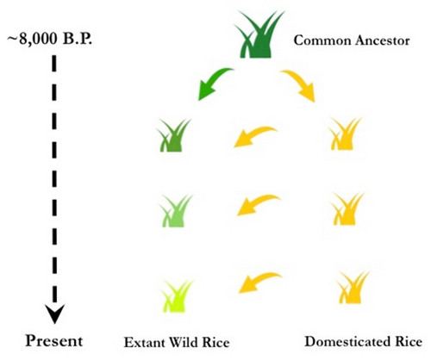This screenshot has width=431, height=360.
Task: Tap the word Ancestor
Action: click(x=382, y=40)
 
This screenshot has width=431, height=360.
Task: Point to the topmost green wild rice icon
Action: click(x=173, y=135)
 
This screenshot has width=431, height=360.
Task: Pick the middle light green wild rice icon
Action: click(x=176, y=211)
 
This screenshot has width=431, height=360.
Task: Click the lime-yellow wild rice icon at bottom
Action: click(x=177, y=296)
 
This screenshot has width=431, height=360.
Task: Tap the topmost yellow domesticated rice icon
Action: click(x=345, y=134)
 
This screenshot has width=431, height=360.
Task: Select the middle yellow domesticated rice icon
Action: click(x=347, y=209)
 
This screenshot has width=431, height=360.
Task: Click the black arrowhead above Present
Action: click(x=54, y=313)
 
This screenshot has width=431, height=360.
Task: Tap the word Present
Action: click(x=54, y=341)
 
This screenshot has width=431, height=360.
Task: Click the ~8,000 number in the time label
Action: click(x=33, y=40)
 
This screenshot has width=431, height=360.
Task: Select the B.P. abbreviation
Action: click(x=78, y=39)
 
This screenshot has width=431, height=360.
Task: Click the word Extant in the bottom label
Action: click(x=144, y=343)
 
